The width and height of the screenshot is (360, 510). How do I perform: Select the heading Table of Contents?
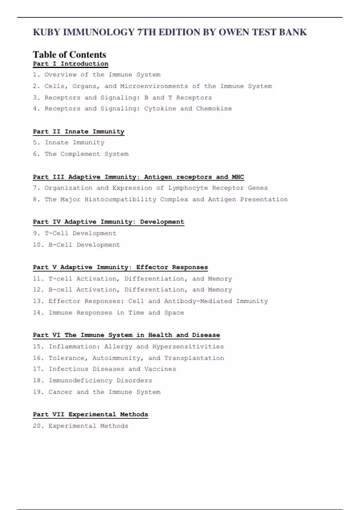coord(69,55)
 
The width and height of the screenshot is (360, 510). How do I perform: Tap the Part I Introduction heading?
coord(70,64)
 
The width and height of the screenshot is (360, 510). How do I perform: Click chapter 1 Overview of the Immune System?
coord(97,75)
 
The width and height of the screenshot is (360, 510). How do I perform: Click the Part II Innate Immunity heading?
coord(79,131)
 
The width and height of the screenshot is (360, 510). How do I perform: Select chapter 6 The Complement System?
coord(81,154)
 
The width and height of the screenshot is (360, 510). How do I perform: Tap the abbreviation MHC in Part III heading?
coord(238,177)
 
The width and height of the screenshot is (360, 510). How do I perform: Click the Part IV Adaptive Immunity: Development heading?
coord(108,222)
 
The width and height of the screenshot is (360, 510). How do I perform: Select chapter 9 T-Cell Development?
coord(75,233)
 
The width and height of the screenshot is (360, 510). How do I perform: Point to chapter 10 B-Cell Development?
coord(76,245)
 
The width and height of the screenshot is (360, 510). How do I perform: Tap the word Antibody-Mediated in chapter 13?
coord(198,301)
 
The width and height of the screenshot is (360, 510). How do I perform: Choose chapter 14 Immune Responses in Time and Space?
coord(108,313)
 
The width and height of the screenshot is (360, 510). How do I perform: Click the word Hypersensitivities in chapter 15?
coord(188,346)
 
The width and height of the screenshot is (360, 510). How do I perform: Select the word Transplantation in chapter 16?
coord(194,358)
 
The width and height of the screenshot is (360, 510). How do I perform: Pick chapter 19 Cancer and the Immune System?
coord(97,392)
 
